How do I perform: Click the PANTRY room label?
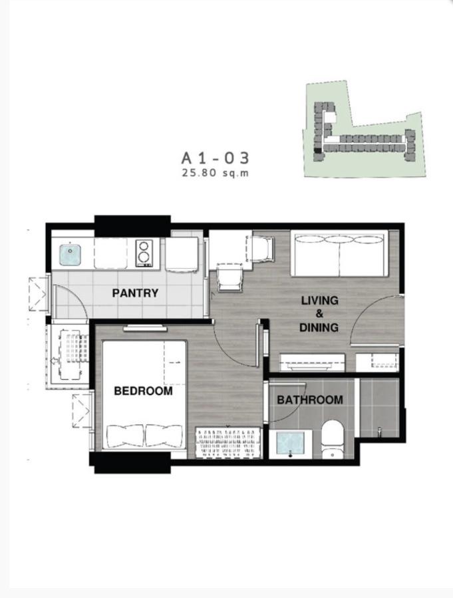pyautogui.click(x=135, y=293)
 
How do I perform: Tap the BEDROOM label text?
pyautogui.click(x=144, y=391)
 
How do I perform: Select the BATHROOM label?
pyautogui.click(x=309, y=400)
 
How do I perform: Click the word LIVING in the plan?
pyautogui.click(x=319, y=300)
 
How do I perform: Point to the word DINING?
pyautogui.click(x=319, y=327)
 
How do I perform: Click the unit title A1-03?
pyautogui.click(x=216, y=158)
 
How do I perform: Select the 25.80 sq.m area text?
pyautogui.click(x=216, y=173)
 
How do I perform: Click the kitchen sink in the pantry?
pyautogui.click(x=71, y=255)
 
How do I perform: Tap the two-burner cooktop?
pyautogui.click(x=144, y=252)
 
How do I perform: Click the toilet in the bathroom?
pyautogui.click(x=333, y=439)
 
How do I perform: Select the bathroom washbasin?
pyautogui.click(x=290, y=444)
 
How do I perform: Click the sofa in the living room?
pyautogui.click(x=339, y=253)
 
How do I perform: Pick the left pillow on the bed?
pyautogui.click(x=126, y=436)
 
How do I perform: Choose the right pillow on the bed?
pyautogui.click(x=164, y=436)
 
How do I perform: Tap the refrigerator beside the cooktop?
pyautogui.click(x=182, y=254)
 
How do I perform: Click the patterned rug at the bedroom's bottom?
pyautogui.click(x=228, y=442)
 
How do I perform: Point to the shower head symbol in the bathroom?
pyautogui.click(x=379, y=431)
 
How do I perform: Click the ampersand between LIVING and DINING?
pyautogui.click(x=319, y=314)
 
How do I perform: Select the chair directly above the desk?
pyautogui.click(x=261, y=249)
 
